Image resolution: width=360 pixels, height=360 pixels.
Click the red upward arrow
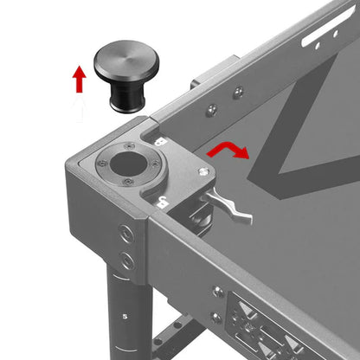(x=79, y=80)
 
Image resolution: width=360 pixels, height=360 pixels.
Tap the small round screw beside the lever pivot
(x=203, y=172)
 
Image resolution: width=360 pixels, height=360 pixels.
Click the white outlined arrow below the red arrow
(x=79, y=108)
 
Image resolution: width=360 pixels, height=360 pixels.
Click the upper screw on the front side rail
(x=218, y=292)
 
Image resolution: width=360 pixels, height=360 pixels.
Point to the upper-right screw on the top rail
(x=237, y=91)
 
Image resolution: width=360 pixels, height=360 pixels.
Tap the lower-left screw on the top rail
(x=211, y=108)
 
